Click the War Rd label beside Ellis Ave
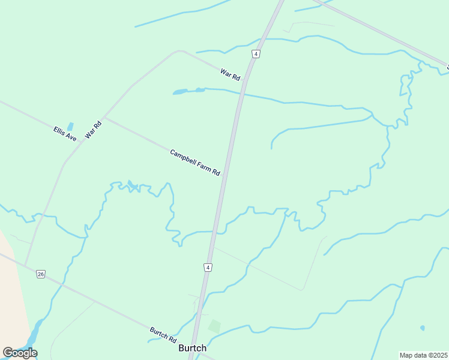[x=94, y=130]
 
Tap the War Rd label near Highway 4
[x=230, y=75]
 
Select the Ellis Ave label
[x=65, y=133]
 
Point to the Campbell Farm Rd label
[x=195, y=163]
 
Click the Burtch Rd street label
[x=163, y=335]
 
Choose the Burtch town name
[x=193, y=348]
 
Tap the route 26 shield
[x=40, y=274]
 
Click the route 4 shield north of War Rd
[x=256, y=54]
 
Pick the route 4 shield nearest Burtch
[x=208, y=267]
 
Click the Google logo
[x=20, y=353]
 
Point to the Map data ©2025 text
[x=424, y=355]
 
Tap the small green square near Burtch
[x=214, y=326]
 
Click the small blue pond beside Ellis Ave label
[x=71, y=127]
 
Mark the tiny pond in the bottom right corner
[x=423, y=328]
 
